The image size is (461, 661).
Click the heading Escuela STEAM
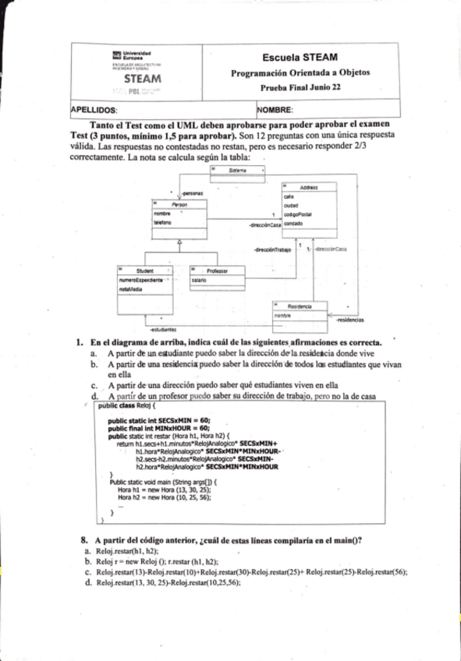[300, 58]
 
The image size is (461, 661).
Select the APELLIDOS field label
[93, 111]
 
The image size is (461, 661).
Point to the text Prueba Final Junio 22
[300, 88]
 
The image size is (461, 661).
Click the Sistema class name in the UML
[238, 170]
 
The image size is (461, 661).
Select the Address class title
[308, 187]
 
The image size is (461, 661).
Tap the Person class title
[179, 204]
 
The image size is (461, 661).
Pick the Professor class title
[216, 270]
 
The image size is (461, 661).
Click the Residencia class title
[300, 306]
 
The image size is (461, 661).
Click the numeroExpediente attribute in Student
[141, 279]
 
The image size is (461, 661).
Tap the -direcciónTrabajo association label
[272, 250]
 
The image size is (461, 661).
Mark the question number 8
[83, 540]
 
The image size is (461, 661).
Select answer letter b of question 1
[94, 364]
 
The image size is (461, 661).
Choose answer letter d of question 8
[87, 581]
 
